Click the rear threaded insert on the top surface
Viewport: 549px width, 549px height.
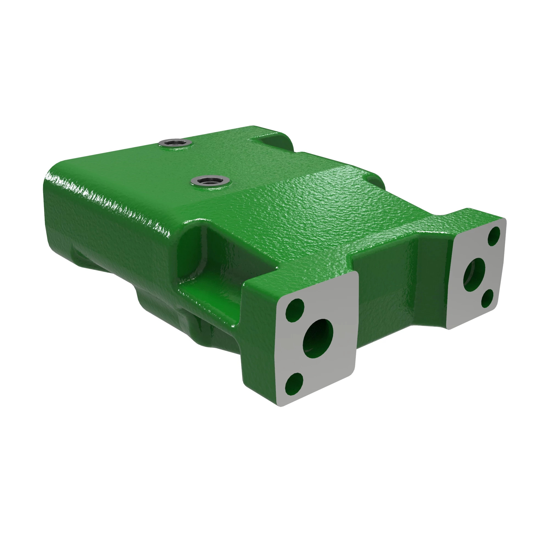click(175, 142)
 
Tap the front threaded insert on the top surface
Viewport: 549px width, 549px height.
click(210, 180)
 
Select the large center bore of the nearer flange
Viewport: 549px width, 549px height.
click(318, 336)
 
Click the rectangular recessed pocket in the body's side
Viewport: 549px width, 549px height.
click(225, 256)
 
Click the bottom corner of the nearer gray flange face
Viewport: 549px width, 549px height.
click(281, 405)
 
